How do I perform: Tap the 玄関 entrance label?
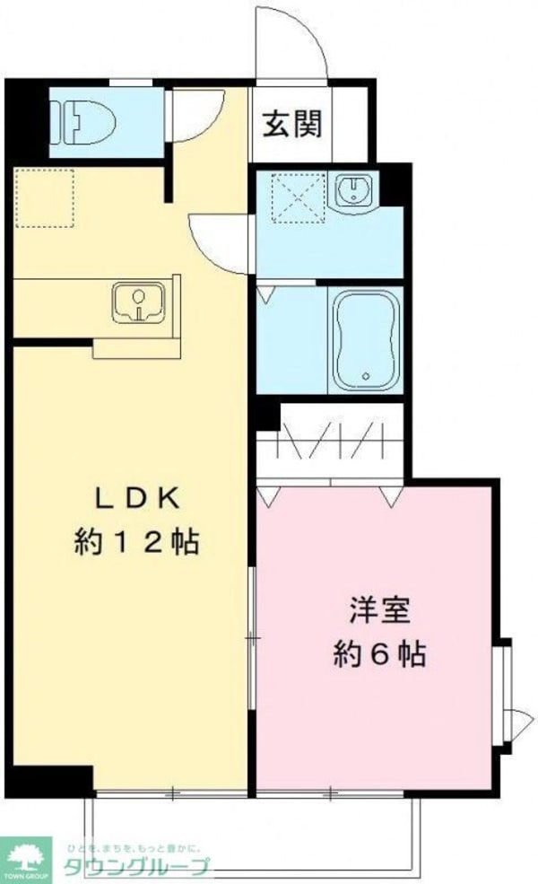tap(291, 125)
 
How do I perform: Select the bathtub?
tap(366, 339)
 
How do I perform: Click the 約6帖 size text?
tap(380, 653)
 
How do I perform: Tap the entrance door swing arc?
tap(290, 40)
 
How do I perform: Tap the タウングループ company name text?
tap(134, 866)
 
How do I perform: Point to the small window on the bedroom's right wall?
tap(507, 690)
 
